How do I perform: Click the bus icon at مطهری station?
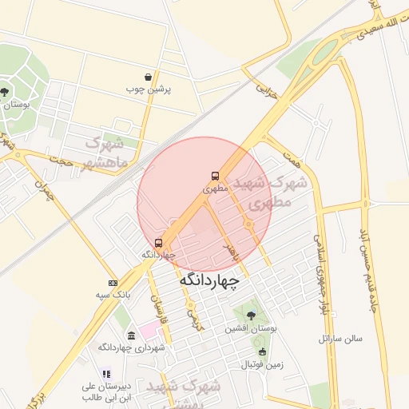point(214,176)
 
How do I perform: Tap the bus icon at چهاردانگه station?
point(158,243)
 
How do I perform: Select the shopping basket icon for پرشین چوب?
point(149,77)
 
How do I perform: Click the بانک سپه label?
point(114,296)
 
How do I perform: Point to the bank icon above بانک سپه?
point(113,283)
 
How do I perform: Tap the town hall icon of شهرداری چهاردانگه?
point(132,336)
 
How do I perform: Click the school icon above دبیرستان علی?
point(105,373)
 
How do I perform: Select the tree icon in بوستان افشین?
point(252,314)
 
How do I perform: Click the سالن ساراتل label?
point(340,338)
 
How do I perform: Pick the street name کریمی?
point(192,318)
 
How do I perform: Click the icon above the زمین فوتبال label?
point(262,351)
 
